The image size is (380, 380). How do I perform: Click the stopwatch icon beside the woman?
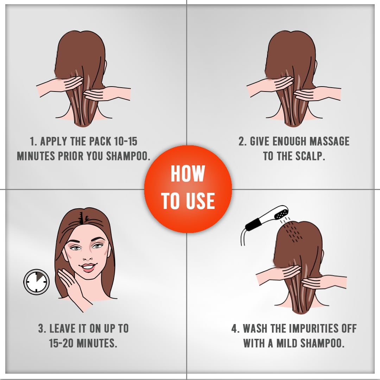(x=36, y=282)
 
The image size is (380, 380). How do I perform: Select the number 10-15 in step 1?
(x=126, y=141)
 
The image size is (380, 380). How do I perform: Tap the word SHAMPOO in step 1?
(x=127, y=156)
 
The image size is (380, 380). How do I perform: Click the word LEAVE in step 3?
(x=63, y=329)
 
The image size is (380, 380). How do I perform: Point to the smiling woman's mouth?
(x=88, y=267)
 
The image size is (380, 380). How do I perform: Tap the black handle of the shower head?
(x=252, y=224)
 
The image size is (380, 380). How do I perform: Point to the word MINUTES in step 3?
(x=97, y=343)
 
